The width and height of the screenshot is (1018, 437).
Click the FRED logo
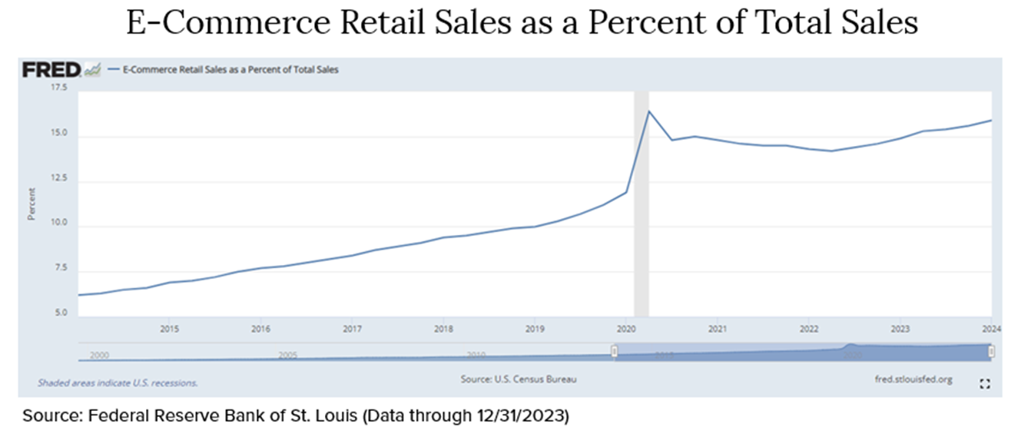pyautogui.click(x=51, y=70)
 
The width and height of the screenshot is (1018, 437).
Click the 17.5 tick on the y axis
pyautogui.click(x=58, y=89)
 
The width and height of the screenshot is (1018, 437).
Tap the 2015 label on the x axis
pyautogui.click(x=169, y=329)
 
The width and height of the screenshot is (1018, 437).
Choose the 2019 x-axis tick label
pyautogui.click(x=534, y=329)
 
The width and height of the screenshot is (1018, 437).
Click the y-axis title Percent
pyautogui.click(x=32, y=205)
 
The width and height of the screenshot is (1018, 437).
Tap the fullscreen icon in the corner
pyautogui.click(x=985, y=384)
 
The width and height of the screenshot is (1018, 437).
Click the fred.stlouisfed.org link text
pyautogui.click(x=913, y=379)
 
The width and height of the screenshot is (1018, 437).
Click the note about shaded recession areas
pyautogui.click(x=118, y=382)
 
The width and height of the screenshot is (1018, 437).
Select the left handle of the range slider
pyautogui.click(x=615, y=352)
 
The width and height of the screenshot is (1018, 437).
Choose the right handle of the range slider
pyautogui.click(x=991, y=352)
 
